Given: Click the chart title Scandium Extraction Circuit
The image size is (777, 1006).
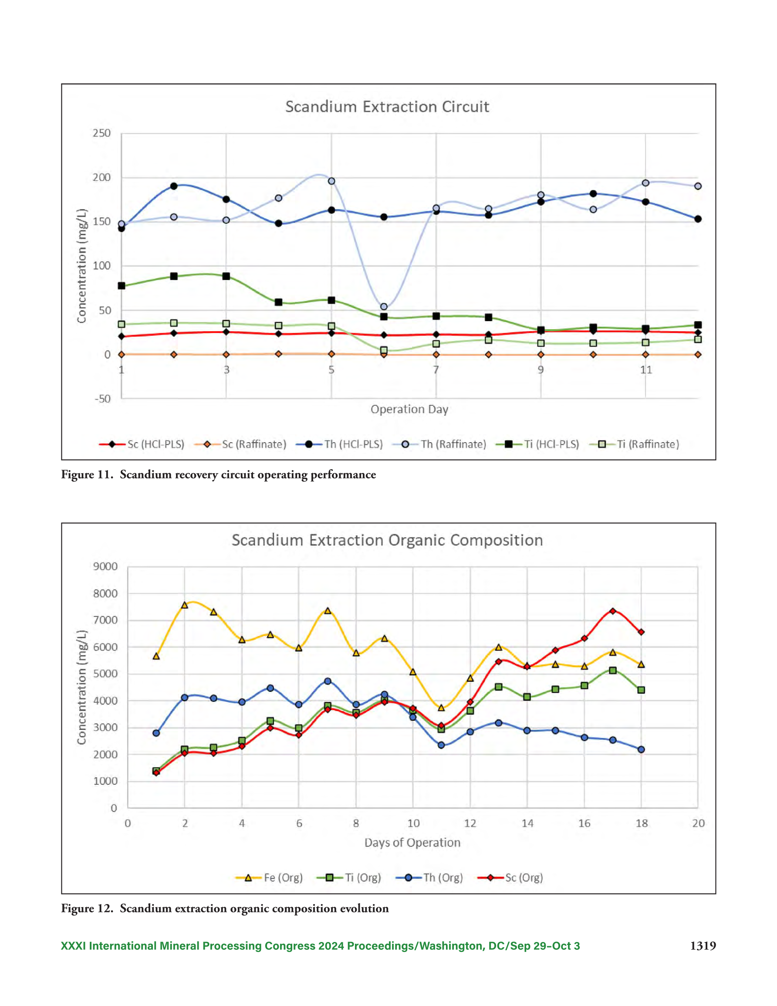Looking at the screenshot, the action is coord(387,106).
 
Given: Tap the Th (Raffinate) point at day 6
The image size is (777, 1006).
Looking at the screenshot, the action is coord(384,306).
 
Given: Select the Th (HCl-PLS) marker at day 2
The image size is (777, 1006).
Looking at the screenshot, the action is coord(174,186).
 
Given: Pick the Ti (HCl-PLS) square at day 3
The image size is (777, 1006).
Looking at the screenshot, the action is coord(226,276).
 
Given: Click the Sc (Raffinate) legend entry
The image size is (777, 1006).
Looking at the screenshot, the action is coord(240,444).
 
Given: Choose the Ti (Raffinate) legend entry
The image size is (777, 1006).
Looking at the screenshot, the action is coord(634,444).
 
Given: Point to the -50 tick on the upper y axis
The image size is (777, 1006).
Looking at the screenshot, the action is coord(103,399).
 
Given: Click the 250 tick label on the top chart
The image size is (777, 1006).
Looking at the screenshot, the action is coord(102,133).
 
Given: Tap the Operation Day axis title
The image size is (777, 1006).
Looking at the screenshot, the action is coord(409,410).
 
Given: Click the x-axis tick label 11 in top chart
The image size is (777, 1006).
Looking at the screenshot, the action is coord(646,369).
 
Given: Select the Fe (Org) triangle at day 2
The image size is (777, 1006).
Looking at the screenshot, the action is coord(185,605).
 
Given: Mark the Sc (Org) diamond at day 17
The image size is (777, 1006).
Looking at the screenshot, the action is coord(612,611).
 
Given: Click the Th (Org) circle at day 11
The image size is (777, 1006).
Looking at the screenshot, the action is coord(441,745).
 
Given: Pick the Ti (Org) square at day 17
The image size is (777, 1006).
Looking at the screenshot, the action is coord(612,670).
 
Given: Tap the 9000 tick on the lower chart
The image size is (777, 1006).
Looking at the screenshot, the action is coord(105,566).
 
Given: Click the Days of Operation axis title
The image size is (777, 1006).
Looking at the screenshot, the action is coord(412,843).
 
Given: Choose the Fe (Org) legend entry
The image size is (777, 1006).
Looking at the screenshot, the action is coord(269,877).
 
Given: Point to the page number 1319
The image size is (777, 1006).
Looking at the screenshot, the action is coord(703,946).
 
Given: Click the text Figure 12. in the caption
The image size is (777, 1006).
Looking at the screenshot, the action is coord(87,908).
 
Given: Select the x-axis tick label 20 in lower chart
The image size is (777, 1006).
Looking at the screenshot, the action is coord(698,823).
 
